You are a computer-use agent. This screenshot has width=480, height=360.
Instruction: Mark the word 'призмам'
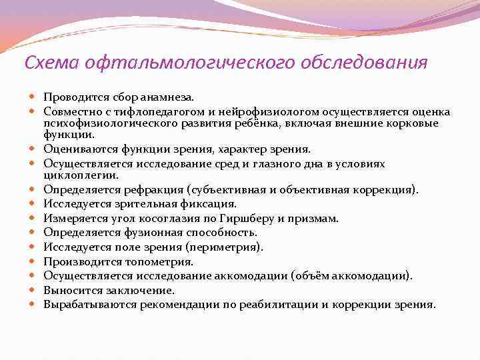pyautogui.click(x=315, y=218)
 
